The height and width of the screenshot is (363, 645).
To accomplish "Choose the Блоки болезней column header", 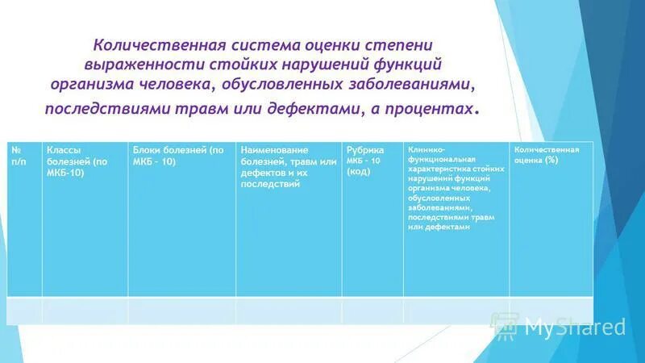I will (x=177, y=156).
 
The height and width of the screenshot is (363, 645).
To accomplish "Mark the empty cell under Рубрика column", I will (x=372, y=310).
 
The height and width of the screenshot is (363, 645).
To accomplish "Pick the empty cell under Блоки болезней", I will (x=181, y=310).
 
